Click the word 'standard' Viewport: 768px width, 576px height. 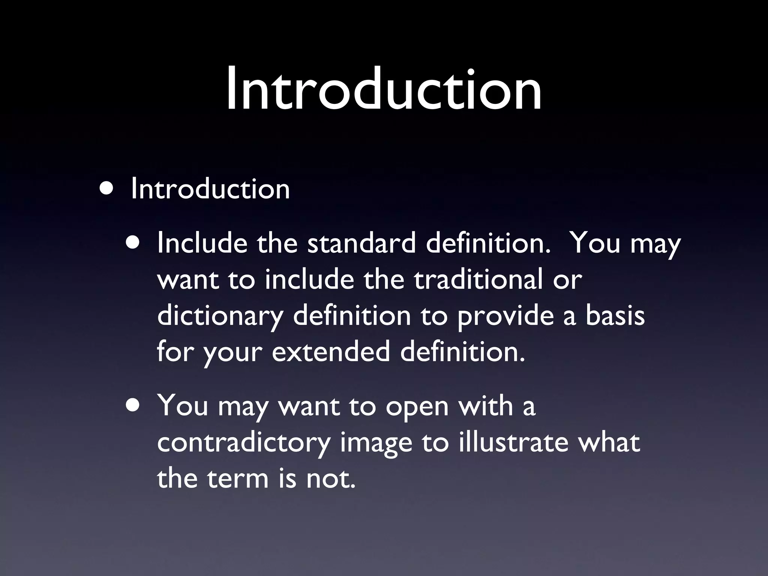coord(361,243)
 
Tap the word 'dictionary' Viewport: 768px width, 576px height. coord(220,316)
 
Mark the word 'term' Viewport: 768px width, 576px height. coord(238,478)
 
